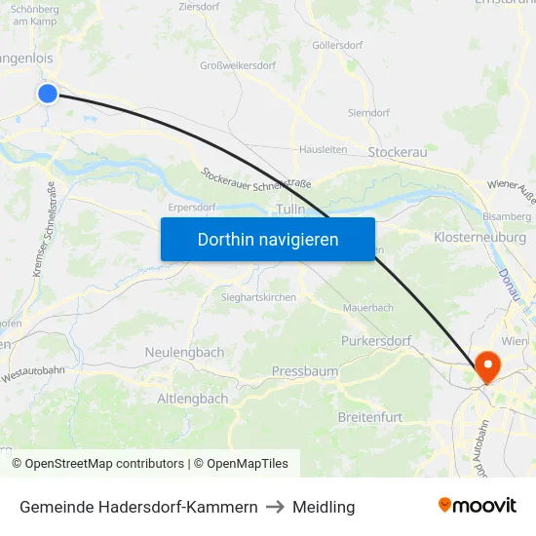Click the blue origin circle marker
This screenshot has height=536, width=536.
pyautogui.click(x=48, y=93)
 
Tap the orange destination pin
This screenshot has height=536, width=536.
pyautogui.click(x=485, y=366)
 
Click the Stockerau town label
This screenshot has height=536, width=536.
pyautogui.click(x=398, y=152)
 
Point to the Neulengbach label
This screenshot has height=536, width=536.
pyautogui.click(x=184, y=352)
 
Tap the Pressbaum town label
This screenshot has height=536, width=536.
pyautogui.click(x=305, y=371)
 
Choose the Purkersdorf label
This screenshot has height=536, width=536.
pyautogui.click(x=376, y=341)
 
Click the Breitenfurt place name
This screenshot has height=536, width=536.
pyautogui.click(x=369, y=417)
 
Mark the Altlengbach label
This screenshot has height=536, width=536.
pyautogui.click(x=193, y=399)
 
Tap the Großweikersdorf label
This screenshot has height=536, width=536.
pyautogui.click(x=238, y=66)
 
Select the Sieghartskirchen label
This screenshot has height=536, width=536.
pyautogui.click(x=259, y=296)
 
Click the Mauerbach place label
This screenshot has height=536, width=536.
pyautogui.click(x=368, y=307)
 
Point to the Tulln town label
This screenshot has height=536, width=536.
pyautogui.click(x=291, y=210)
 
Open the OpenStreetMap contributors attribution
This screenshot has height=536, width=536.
pyautogui.click(x=104, y=464)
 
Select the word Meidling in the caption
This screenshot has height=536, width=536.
pyautogui.click(x=324, y=507)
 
